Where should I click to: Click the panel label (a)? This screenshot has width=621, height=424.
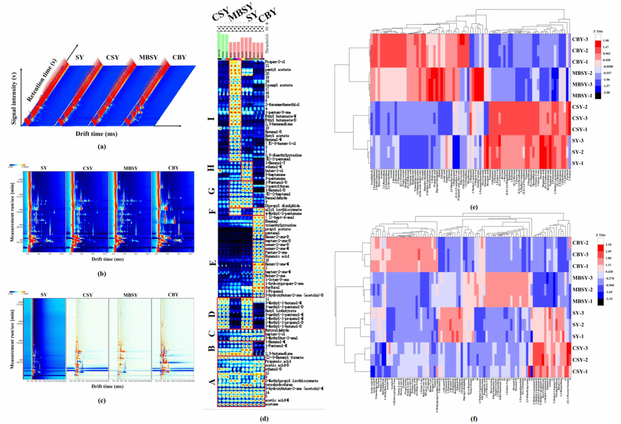tap(102, 146)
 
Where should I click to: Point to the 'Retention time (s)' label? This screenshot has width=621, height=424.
tap(42, 80)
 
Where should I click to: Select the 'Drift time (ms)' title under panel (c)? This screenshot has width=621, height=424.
tap(107, 386)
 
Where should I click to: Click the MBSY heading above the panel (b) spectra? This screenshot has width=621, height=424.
tap(130, 168)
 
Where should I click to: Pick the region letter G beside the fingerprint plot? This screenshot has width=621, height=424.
tap(212, 191)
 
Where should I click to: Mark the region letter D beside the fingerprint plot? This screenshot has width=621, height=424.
tap(212, 315)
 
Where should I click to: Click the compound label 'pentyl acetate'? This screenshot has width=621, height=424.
tap(278, 70)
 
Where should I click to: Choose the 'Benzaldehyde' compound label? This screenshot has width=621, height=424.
tap(276, 198)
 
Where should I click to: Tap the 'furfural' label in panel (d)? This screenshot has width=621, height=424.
tap(272, 287)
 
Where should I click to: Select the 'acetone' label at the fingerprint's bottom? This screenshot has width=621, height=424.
tap(272, 404)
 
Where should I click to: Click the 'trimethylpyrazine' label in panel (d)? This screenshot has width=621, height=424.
tap(281, 225)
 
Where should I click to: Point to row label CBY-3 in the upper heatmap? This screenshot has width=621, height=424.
tap(580, 39)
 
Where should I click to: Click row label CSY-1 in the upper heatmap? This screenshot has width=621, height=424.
tap(580, 130)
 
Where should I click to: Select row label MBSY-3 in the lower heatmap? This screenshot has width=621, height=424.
tap(582, 278)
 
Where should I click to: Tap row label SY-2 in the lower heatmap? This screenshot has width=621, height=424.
tap(578, 325)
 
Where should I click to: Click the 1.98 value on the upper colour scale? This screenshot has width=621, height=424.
tap(606, 41)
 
